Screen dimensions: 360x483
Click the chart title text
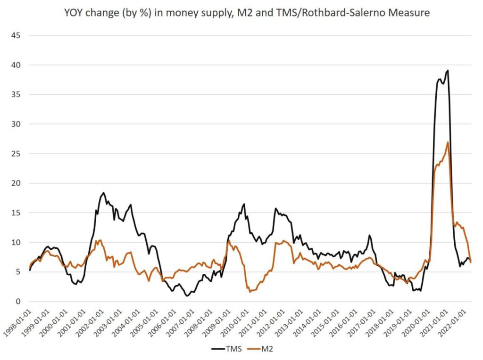[247, 13]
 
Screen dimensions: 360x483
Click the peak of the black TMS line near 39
[447, 71]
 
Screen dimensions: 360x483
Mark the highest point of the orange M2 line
[448, 142]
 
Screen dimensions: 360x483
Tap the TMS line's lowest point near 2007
[187, 296]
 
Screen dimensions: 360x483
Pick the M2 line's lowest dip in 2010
[250, 292]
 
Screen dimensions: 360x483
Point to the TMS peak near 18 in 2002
[104, 193]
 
